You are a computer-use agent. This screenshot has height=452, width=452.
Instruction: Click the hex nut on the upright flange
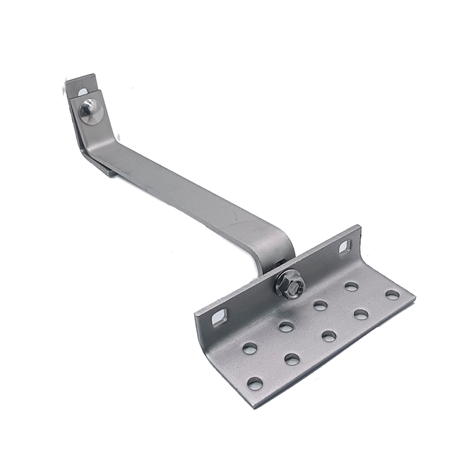[290, 284]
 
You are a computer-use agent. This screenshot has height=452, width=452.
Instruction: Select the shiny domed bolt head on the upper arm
[90, 110]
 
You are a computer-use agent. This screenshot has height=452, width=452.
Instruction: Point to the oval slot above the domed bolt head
[83, 91]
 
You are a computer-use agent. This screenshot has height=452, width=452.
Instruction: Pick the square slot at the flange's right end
[345, 246]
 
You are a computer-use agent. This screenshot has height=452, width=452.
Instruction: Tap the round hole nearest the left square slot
[249, 347]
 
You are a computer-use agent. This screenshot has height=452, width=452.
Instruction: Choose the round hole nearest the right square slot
[351, 286]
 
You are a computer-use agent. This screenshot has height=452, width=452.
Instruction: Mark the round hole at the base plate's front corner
[255, 383]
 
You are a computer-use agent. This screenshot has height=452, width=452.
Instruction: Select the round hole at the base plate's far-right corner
[392, 295]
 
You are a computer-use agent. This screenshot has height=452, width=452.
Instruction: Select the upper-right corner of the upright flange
[359, 227]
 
